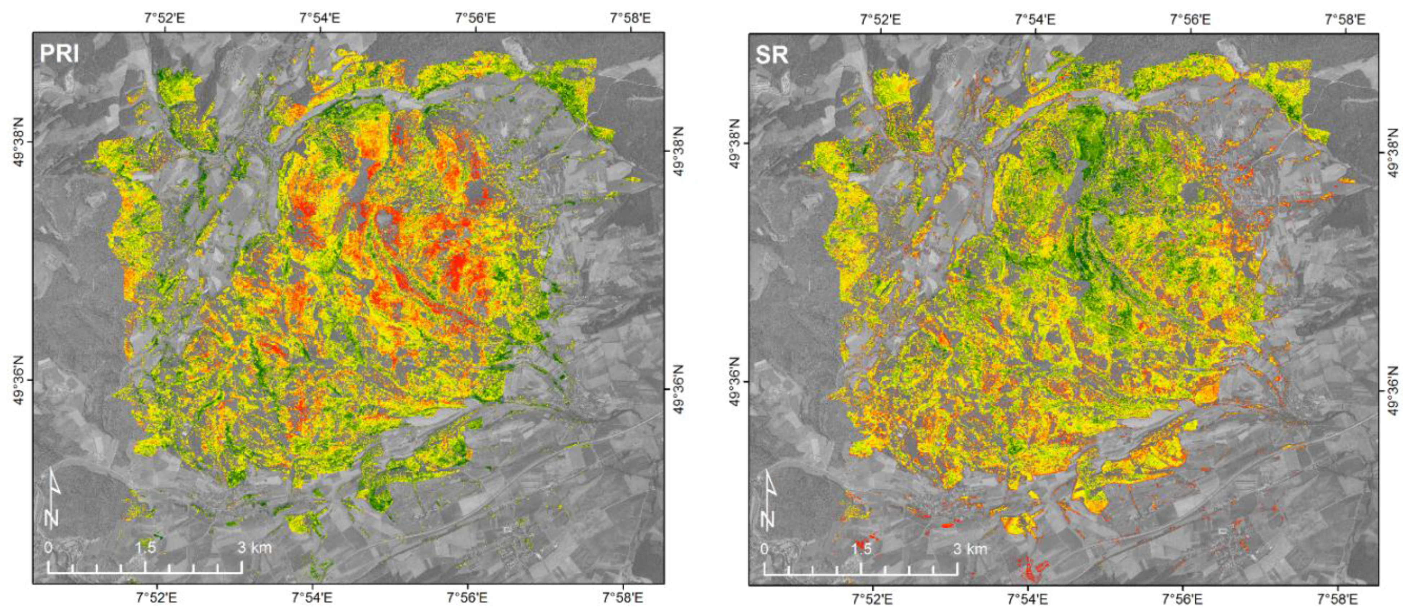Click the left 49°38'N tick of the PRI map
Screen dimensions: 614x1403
point(33,142)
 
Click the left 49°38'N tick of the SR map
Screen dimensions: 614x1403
point(749,144)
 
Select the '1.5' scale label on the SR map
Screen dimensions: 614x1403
point(861,549)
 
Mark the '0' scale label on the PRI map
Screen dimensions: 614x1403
point(48,548)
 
